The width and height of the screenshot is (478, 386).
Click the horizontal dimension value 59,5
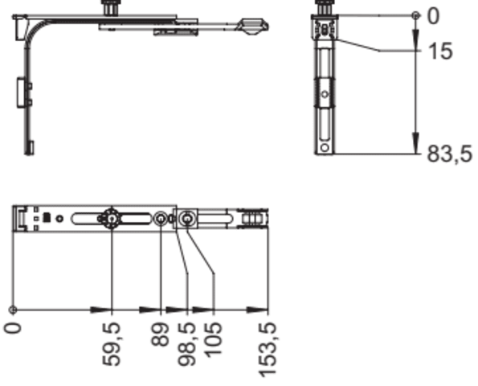click(112, 344)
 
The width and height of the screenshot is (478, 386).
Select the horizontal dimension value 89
click(161, 334)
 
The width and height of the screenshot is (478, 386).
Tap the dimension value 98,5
click(186, 344)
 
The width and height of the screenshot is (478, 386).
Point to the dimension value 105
click(213, 340)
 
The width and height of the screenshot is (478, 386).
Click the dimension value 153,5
click(268, 350)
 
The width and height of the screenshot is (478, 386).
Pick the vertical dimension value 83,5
click(450, 154)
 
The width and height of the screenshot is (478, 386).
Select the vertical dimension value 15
click(440, 51)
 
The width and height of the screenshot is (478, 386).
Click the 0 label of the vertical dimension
click(434, 16)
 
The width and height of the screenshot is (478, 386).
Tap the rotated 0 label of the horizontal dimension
click(13, 328)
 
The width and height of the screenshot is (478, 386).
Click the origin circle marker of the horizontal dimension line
click(13, 310)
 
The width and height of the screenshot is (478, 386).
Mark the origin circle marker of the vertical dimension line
click(415, 15)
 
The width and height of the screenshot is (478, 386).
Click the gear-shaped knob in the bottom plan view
click(112, 219)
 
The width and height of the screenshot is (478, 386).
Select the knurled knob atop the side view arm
click(110, 7)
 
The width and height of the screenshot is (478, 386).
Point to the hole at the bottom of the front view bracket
click(325, 148)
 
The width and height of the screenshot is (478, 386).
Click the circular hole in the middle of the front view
click(325, 94)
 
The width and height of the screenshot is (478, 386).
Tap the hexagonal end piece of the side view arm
click(252, 27)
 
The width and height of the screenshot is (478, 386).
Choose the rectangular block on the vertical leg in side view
click(20, 92)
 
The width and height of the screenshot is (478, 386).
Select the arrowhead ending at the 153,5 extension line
click(257, 310)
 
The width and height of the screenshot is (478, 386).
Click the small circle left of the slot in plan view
click(60, 219)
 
